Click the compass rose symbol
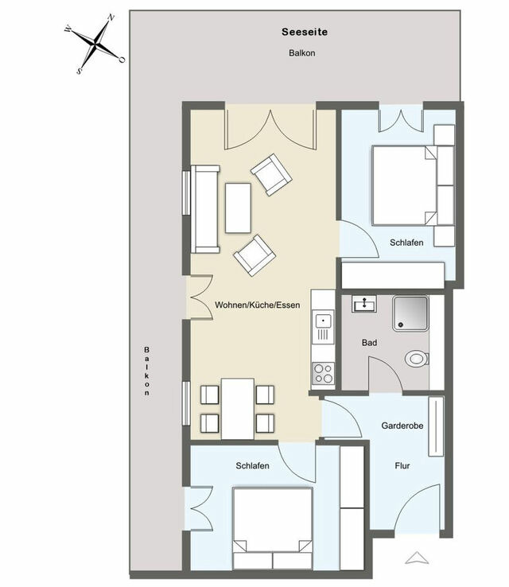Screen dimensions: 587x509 coord(95,44)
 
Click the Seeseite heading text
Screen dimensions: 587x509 coord(305,33)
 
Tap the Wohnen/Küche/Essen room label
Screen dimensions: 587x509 coord(257,305)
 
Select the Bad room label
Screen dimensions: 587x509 coord(369,343)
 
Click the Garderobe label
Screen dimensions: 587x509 coord(402,426)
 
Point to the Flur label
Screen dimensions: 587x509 coord(402,465)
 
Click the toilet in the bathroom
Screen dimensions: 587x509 coord(416,359)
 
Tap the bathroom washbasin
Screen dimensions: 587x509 coord(367,304)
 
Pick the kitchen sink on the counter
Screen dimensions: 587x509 coord(322,321)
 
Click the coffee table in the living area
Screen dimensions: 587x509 coord(238,208)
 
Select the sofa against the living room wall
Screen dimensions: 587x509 coord(205,209)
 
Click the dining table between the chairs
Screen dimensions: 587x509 coord(237,408)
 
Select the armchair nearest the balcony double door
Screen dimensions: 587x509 coord(270,174)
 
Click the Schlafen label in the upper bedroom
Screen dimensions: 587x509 coord(406,242)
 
